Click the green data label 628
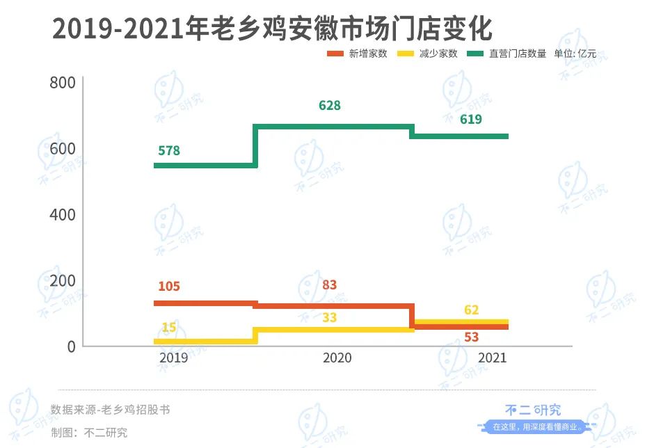tap(330, 106)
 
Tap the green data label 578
tap(169, 151)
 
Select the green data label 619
tap(471, 120)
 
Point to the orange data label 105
tap(169, 286)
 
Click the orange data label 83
tap(330, 285)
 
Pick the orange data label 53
tap(471, 337)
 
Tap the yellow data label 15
tap(169, 327)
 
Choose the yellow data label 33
tap(330, 318)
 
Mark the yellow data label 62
tap(471, 310)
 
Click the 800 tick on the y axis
tap(63, 83)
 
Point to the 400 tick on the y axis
tap(63, 214)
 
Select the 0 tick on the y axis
tap(70, 346)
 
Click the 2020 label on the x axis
tap(337, 358)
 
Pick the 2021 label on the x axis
tap(492, 358)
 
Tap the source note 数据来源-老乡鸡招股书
tap(110, 410)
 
